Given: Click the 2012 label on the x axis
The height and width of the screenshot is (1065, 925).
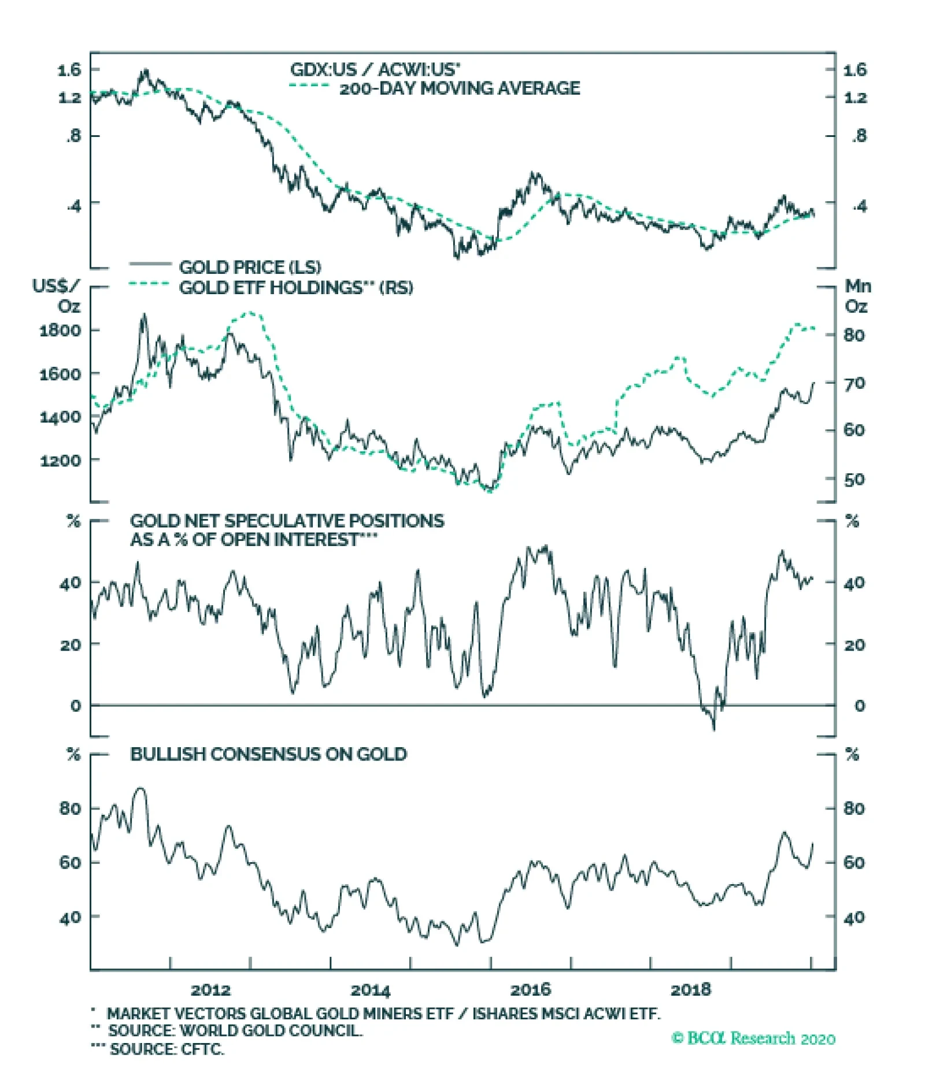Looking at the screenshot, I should click(x=210, y=989).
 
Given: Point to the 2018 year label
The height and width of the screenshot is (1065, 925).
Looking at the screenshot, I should click(x=690, y=989).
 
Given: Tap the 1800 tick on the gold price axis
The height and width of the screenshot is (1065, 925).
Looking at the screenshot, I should click(x=60, y=331).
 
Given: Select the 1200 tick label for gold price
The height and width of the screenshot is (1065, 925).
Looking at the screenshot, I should click(x=60, y=461).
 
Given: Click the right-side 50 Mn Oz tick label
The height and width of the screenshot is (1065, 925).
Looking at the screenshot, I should click(x=854, y=480).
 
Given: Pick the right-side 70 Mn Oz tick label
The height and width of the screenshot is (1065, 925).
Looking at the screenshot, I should click(x=854, y=383).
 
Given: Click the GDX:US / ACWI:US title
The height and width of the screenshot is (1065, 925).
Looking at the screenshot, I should click(x=375, y=70).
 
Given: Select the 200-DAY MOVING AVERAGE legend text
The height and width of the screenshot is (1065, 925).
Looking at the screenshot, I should click(x=460, y=88).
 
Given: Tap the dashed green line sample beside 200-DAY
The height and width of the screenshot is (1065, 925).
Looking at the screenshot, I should click(x=309, y=86).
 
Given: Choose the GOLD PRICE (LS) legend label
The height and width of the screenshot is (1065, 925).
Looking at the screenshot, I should click(x=250, y=267).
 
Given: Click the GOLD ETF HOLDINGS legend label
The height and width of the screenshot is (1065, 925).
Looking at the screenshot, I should click(x=296, y=287).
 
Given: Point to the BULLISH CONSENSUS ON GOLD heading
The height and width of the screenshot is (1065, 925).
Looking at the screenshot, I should click(x=268, y=754).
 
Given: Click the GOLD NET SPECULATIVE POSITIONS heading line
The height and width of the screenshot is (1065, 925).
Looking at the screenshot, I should click(x=287, y=521).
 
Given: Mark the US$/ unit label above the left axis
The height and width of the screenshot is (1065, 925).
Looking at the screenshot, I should click(x=55, y=286).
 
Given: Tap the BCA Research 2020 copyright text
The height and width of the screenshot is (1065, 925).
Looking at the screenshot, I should click(x=753, y=1038).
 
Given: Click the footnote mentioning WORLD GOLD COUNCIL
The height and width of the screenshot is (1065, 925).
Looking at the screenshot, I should click(x=235, y=1030).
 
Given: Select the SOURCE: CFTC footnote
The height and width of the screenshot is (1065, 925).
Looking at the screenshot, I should click(x=166, y=1048).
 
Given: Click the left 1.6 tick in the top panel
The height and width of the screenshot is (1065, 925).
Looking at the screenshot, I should click(x=69, y=70).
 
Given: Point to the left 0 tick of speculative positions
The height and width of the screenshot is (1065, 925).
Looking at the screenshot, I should click(x=76, y=706).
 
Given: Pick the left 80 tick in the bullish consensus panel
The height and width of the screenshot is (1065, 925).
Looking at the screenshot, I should click(x=70, y=808).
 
